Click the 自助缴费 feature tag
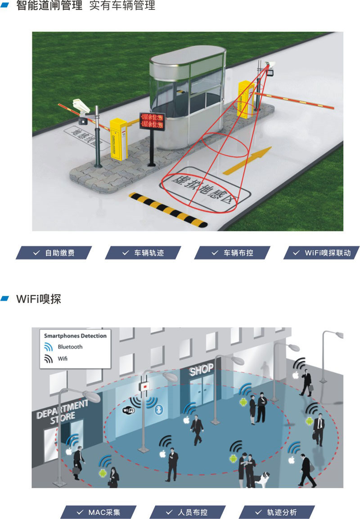coord(54,253)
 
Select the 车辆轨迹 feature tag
coord(143,253)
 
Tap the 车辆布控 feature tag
coord(233,253)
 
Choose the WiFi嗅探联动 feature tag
coord(322,253)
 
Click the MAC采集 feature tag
coord(99,512)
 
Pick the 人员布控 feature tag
coord(187,512)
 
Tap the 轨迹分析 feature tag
coord(276,512)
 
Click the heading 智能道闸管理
coord(49,6)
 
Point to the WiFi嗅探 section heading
coord(38,299)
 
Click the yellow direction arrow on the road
coord(248,160)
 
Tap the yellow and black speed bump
coord(169,209)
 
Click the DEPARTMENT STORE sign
coord(63,410)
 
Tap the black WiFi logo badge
coord(129,410)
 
